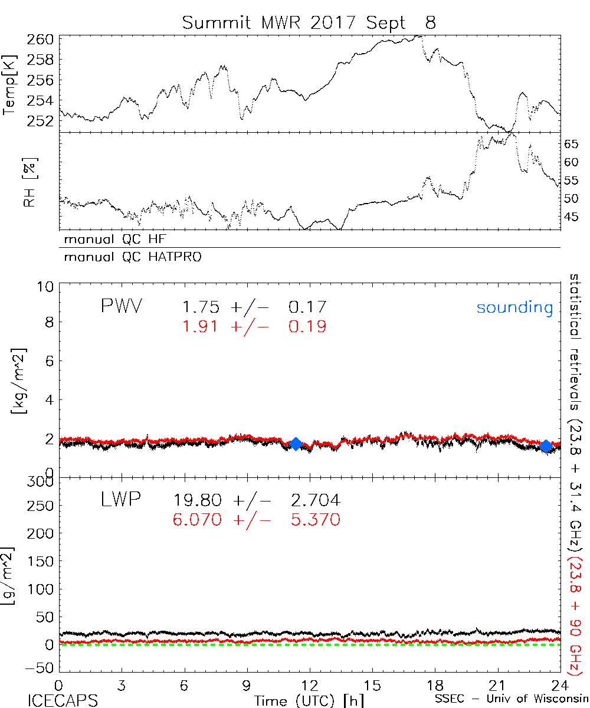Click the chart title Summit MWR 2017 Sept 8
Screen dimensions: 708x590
click(x=309, y=22)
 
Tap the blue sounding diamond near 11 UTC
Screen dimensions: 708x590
click(x=296, y=444)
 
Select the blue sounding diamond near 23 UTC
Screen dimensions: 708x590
click(x=546, y=446)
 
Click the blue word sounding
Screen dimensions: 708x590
click(x=514, y=307)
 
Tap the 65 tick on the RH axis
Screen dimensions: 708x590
click(x=572, y=143)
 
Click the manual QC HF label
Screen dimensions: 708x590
click(x=119, y=240)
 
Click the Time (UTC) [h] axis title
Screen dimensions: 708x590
click(x=301, y=700)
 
